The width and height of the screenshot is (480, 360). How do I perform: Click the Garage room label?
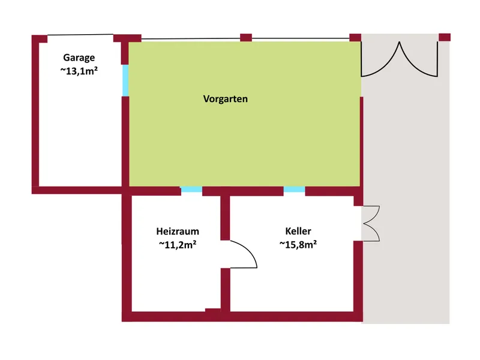pyautogui.click(x=79, y=58)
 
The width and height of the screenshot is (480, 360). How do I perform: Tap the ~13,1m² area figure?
pyautogui.click(x=79, y=71)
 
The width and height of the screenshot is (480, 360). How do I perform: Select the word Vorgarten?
pyautogui.click(x=226, y=99)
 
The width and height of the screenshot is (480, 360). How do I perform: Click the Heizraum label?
pyautogui.click(x=178, y=231)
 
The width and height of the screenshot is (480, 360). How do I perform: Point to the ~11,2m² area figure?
pyautogui.click(x=178, y=245)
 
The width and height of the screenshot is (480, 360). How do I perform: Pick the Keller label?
pyautogui.click(x=298, y=231)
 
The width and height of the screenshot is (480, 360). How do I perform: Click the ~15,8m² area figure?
pyautogui.click(x=298, y=245)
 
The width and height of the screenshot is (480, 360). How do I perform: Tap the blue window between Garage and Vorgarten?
pyautogui.click(x=125, y=80)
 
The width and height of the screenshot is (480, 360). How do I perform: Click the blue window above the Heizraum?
pyautogui.click(x=191, y=190)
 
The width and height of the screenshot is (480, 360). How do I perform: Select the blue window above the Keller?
pyautogui.click(x=294, y=190)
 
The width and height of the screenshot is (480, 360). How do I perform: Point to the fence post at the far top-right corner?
pyautogui.click(x=445, y=37)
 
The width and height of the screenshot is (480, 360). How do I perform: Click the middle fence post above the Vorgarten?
pyautogui.click(x=246, y=38)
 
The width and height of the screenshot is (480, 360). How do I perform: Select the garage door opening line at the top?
pyautogui.click(x=80, y=35)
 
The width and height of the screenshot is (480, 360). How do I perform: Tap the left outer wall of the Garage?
pyautogui.click(x=35, y=114)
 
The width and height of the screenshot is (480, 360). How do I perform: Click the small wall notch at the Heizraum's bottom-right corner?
pyautogui.click(x=213, y=310)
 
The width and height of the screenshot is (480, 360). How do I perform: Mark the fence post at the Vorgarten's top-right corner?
pyautogui.click(x=355, y=38)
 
